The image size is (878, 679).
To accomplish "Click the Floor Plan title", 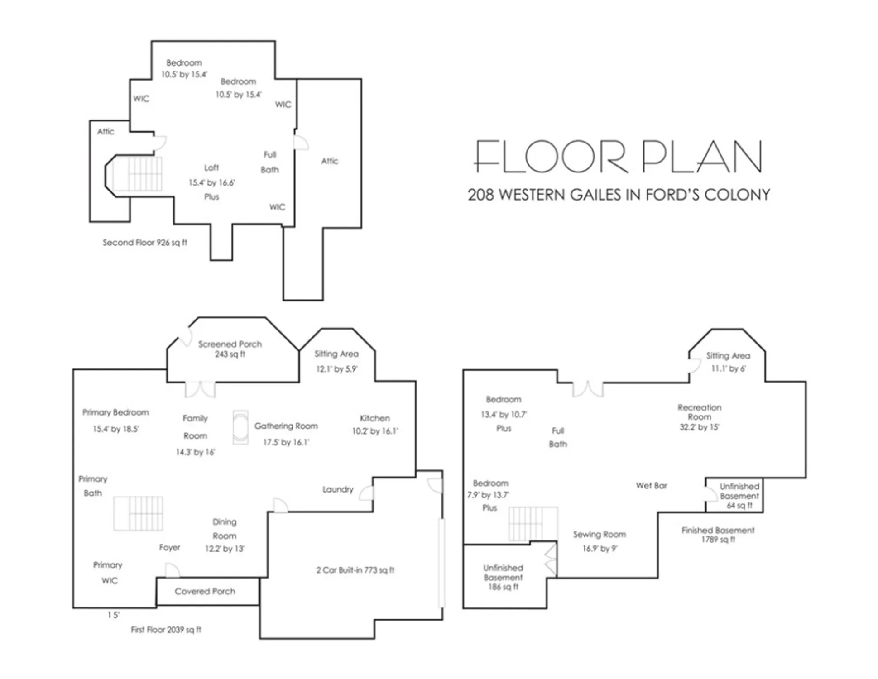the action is [x=619, y=156].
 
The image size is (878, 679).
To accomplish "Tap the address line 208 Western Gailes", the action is [x=619, y=195].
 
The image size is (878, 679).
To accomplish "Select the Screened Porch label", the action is [x=230, y=349].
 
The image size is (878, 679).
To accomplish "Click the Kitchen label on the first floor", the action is [x=374, y=418].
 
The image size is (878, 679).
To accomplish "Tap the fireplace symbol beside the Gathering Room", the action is [x=240, y=427].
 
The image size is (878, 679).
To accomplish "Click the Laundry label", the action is [x=338, y=489].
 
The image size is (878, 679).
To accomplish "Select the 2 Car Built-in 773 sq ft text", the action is [x=355, y=570].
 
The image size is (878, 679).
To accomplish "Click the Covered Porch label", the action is [x=205, y=591].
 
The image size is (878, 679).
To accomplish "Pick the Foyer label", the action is [x=170, y=548].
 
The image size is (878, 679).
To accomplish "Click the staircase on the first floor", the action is [x=138, y=513].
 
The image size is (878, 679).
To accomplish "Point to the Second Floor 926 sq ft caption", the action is [x=145, y=243].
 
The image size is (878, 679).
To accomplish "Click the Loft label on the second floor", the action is [x=211, y=167].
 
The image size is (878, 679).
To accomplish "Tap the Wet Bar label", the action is [x=652, y=486].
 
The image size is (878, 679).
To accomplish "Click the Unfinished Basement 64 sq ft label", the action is [x=739, y=496].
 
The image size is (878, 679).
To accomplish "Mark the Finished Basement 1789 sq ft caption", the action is [x=718, y=535].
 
